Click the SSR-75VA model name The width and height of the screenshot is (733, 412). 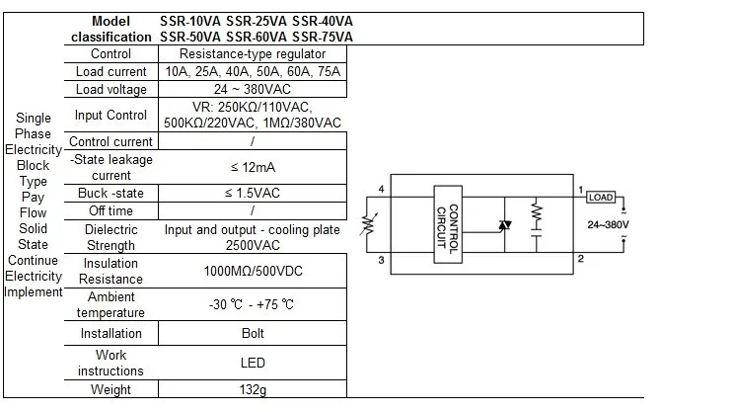(322, 37)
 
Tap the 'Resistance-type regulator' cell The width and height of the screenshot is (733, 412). (253, 53)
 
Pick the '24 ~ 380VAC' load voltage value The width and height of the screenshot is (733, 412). (253, 89)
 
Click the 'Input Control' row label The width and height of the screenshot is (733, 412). (110, 115)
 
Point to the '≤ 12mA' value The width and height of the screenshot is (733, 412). (253, 167)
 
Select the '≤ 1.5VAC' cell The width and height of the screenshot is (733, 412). (252, 193)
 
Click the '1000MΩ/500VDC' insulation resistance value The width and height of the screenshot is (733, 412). (253, 271)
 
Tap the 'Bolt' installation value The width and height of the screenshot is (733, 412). (253, 333)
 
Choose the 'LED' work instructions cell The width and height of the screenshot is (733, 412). (253, 363)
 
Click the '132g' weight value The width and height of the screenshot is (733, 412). (253, 389)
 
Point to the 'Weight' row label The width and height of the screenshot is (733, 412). (110, 389)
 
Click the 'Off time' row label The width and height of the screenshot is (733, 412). (110, 210)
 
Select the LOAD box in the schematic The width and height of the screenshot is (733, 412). (601, 197)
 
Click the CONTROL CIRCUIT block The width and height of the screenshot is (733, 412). (448, 224)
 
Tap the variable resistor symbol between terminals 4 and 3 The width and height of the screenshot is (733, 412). (368, 224)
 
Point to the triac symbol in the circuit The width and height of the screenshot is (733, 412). (504, 225)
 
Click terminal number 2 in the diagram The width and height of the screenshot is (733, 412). (581, 259)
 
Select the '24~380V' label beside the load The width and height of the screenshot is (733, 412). (608, 224)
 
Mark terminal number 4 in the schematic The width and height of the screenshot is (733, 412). (382, 189)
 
